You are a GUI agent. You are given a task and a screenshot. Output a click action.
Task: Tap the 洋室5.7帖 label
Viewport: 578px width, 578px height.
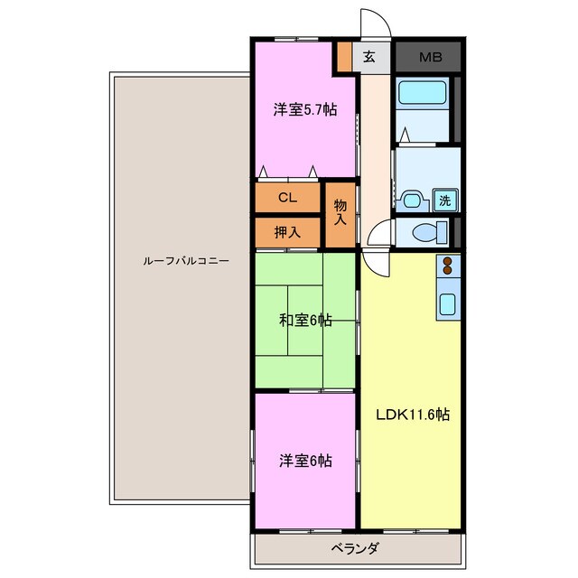tap(305, 110)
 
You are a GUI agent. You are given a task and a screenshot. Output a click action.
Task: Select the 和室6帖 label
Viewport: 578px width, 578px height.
tap(304, 320)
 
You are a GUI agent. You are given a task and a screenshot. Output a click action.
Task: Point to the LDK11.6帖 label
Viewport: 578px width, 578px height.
tap(413, 415)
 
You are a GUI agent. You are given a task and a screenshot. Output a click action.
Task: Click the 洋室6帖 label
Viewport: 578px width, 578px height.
tap(305, 461)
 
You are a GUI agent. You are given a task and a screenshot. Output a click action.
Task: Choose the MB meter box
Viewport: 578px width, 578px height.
tap(429, 56)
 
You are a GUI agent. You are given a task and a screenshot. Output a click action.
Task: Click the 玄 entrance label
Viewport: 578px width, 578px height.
tap(369, 56)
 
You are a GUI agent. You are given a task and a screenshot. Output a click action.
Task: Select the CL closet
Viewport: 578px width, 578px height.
tap(287, 196)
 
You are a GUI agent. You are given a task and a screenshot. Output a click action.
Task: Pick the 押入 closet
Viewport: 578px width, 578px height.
tap(287, 232)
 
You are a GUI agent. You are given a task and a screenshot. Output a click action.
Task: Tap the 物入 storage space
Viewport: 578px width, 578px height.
tap(340, 213)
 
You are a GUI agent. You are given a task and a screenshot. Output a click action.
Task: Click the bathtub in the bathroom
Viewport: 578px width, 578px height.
tap(424, 93)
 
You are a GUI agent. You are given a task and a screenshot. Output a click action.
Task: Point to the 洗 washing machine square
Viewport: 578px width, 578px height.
tap(444, 200)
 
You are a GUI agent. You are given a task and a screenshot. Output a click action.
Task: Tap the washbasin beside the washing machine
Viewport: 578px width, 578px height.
tap(414, 200)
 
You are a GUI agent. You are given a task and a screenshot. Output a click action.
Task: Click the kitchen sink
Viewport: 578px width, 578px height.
tap(448, 304)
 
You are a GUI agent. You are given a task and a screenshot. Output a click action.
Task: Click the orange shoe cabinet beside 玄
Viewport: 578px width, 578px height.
tap(345, 56)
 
